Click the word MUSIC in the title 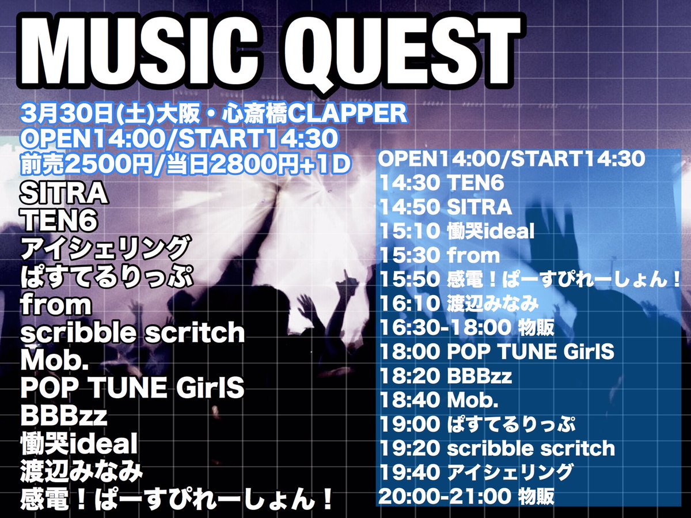tap(139, 51)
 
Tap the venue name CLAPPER tap(348, 114)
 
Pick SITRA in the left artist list tap(64, 194)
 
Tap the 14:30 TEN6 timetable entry tap(442, 183)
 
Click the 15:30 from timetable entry tap(440, 255)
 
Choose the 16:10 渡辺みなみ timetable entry tap(460, 303)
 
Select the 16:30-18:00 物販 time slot tap(467, 327)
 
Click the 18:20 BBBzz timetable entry tap(446, 376)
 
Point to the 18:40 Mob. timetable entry tap(439, 400)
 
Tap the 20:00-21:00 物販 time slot tap(466, 497)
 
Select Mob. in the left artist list tap(54, 360)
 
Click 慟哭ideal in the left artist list tap(79, 443)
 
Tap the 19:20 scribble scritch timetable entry tap(497, 448)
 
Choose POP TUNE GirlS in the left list tap(132, 388)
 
